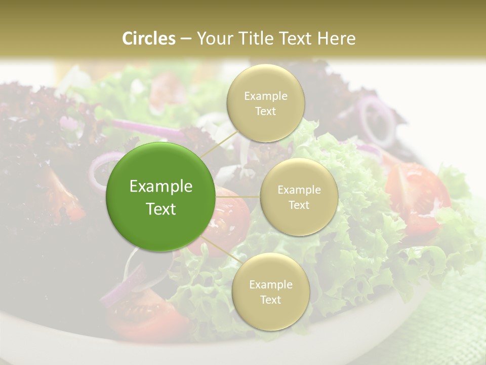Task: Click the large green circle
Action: (x=160, y=197)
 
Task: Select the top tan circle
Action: (x=265, y=103)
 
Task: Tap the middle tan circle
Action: (x=299, y=197)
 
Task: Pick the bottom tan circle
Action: (x=270, y=291)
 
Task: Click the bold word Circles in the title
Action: (x=149, y=39)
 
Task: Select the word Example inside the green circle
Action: (x=160, y=187)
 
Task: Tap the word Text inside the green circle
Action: (x=160, y=209)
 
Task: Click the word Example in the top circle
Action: (x=265, y=96)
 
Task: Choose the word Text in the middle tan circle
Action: (x=299, y=205)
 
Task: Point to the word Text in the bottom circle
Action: (x=270, y=300)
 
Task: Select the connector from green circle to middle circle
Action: (x=237, y=197)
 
